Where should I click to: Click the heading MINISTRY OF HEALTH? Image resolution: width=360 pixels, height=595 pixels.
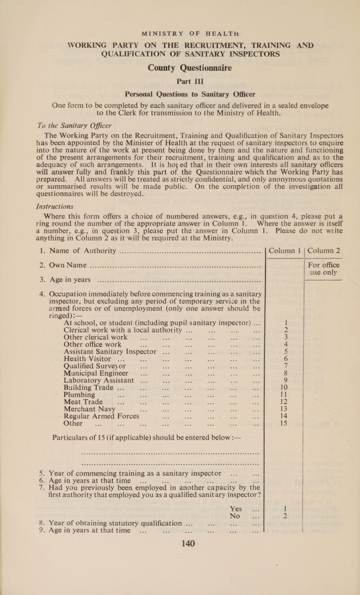click(x=179, y=8)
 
